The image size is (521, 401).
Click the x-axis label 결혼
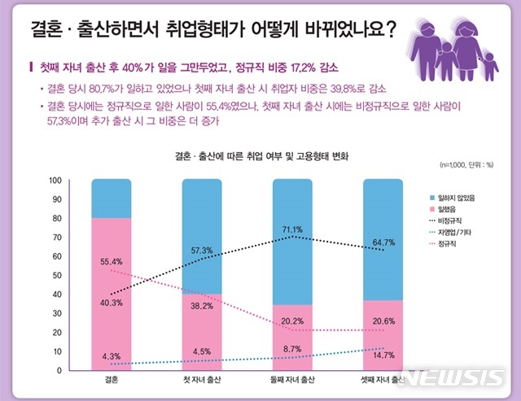(112, 380)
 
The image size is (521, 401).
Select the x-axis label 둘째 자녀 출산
(292, 380)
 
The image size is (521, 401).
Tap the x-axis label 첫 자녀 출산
(202, 380)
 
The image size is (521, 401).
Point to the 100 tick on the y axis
(55, 181)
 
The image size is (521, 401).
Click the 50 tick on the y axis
(57, 276)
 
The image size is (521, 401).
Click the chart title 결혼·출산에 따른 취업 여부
(260, 155)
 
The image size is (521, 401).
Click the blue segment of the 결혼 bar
(112, 198)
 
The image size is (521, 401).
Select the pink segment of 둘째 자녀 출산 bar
(292, 338)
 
